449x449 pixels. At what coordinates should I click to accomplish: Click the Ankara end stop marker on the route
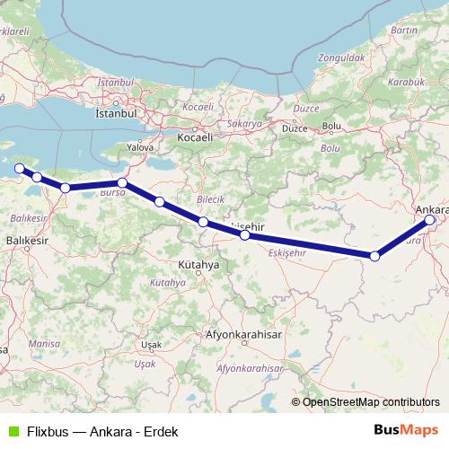(429, 220)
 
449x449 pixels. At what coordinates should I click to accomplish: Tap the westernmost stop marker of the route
(20, 168)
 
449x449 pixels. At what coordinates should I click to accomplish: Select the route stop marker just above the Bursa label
(122, 182)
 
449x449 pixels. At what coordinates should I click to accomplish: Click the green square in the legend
(12, 431)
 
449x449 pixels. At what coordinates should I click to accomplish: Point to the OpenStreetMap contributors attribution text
(370, 401)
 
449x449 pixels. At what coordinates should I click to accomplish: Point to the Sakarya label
(243, 124)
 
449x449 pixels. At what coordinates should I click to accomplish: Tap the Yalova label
(140, 146)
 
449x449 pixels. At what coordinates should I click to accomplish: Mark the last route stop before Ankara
(374, 256)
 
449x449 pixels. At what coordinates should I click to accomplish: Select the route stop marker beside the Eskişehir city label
(244, 235)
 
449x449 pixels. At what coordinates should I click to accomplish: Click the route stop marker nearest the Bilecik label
(204, 221)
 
